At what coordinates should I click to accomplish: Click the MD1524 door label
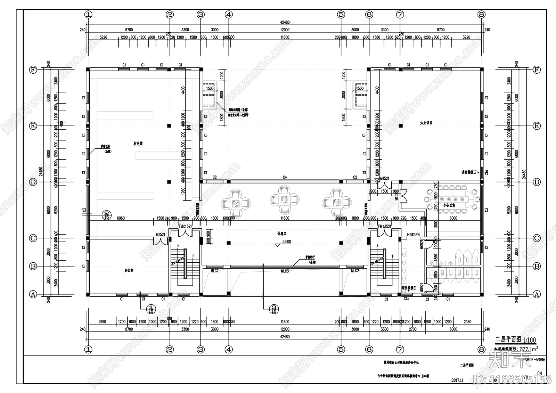(x=413, y=235)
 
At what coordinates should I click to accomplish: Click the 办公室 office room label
(x=129, y=270)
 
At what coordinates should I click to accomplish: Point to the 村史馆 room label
(x=138, y=143)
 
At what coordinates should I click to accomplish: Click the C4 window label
(x=285, y=177)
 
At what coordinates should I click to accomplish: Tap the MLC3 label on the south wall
(x=284, y=271)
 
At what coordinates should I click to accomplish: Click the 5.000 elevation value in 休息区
(x=287, y=241)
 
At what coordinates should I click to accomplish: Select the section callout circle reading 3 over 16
(x=274, y=309)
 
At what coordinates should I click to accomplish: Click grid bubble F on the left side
(x=33, y=70)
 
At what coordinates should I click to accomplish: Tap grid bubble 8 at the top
(x=481, y=15)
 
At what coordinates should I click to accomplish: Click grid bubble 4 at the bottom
(x=228, y=350)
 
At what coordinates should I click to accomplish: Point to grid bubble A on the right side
(x=537, y=294)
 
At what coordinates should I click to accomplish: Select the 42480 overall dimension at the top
(x=285, y=22)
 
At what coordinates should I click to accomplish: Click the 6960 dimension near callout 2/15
(x=121, y=218)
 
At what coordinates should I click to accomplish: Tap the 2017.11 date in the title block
(x=457, y=380)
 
